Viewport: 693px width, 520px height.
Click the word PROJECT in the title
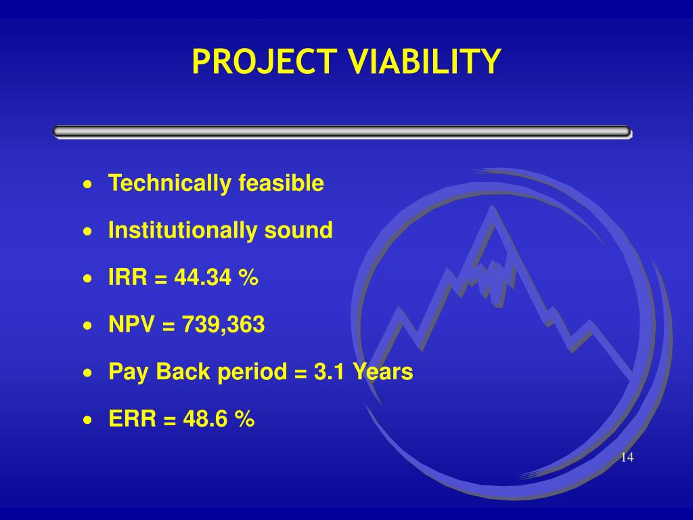(264, 62)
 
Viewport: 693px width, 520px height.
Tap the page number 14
(627, 457)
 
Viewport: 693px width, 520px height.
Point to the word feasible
(281, 183)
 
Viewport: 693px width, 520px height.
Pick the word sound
(298, 230)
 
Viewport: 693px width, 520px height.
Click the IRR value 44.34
(202, 278)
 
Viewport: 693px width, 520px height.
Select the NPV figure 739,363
(223, 324)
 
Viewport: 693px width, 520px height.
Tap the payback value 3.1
(329, 372)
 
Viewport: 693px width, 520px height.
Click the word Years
(382, 372)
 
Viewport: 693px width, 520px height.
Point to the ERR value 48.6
(205, 418)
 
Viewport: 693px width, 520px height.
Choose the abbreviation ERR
(132, 418)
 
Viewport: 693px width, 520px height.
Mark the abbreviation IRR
(128, 278)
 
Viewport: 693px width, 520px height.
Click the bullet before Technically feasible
(89, 184)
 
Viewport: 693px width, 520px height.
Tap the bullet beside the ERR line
(89, 420)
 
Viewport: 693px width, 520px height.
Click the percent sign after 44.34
(248, 278)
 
